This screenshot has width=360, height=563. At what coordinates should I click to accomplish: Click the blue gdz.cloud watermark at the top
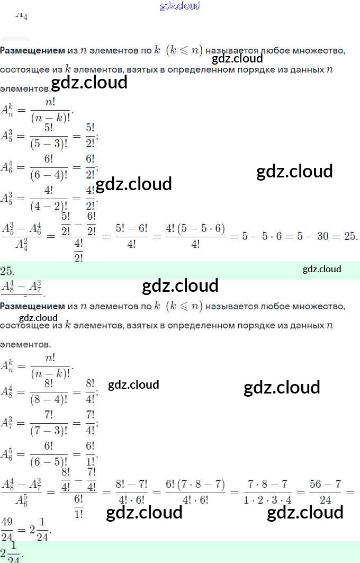point(180,6)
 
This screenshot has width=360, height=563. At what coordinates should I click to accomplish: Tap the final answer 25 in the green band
point(7,271)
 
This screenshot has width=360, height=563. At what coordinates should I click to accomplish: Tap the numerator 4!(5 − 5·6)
point(195,228)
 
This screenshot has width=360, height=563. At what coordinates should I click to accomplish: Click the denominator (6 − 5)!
point(50,461)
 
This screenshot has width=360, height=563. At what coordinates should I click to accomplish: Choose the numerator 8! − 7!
point(127,485)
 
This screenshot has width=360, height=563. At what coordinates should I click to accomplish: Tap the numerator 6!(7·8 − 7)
point(195,485)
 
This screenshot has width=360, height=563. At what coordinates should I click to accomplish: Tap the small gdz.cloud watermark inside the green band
point(322,270)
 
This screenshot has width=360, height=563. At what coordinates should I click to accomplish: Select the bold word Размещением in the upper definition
point(32,50)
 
